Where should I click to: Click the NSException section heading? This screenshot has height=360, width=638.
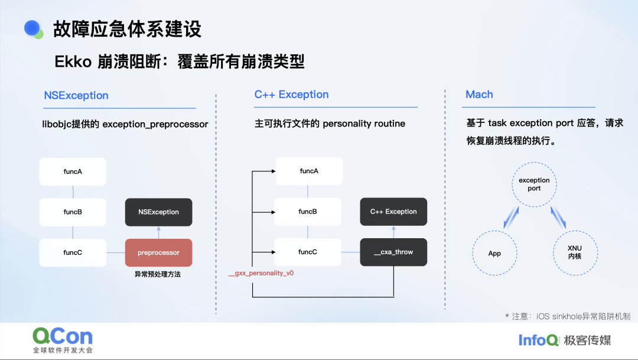point(76,95)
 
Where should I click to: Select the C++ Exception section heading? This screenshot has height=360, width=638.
point(291,95)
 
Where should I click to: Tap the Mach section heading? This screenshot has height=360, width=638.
point(479,95)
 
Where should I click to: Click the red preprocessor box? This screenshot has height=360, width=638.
point(158,252)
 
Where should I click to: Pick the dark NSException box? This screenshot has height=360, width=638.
point(158,212)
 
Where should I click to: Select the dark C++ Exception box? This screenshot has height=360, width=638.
point(393,212)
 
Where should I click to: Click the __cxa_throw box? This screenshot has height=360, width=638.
point(393,252)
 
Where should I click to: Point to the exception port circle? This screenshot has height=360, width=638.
point(534,184)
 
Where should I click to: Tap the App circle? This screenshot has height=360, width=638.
point(494,253)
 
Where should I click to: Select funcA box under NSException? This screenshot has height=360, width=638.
point(73,171)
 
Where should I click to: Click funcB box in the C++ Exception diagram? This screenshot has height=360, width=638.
point(308,212)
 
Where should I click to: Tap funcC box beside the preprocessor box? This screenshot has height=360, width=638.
point(73,252)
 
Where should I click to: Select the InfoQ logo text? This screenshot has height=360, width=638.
point(538,340)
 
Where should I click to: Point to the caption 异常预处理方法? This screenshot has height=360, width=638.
point(158,274)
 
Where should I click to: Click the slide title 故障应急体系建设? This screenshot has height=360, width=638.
point(127,29)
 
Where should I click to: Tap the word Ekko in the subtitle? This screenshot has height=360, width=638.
point(73,62)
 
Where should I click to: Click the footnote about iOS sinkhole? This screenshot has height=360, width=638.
point(568,316)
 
